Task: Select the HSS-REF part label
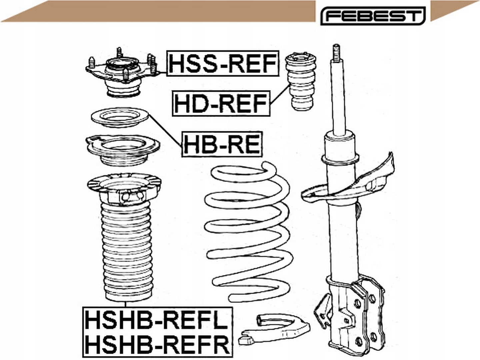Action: pos(223,64)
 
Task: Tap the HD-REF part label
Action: pos(221,104)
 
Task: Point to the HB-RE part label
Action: pos(222,144)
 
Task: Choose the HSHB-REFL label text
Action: pos(157,320)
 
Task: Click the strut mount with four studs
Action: pos(121,75)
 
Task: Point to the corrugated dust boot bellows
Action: pos(126,253)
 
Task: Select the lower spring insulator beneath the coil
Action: pos(275,328)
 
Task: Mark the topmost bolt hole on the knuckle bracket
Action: pos(358,303)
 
